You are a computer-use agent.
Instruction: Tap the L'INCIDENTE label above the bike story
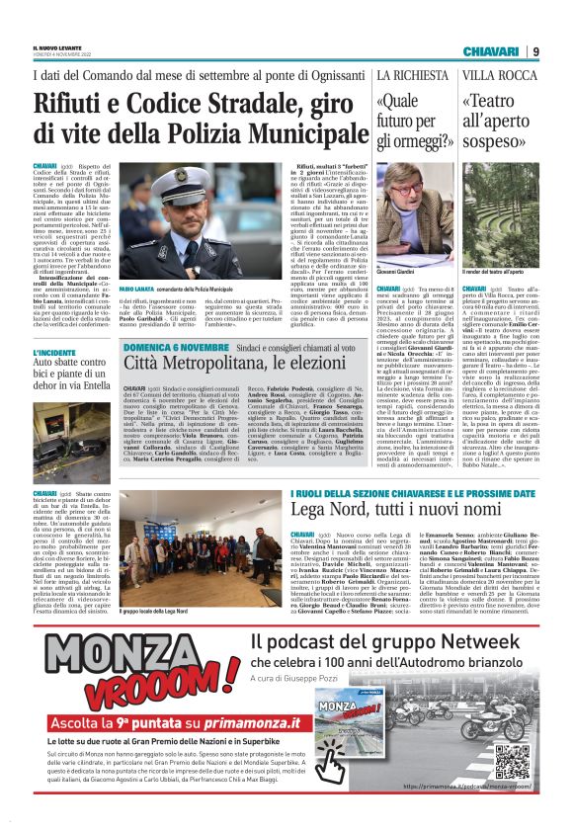pos(52,351)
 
